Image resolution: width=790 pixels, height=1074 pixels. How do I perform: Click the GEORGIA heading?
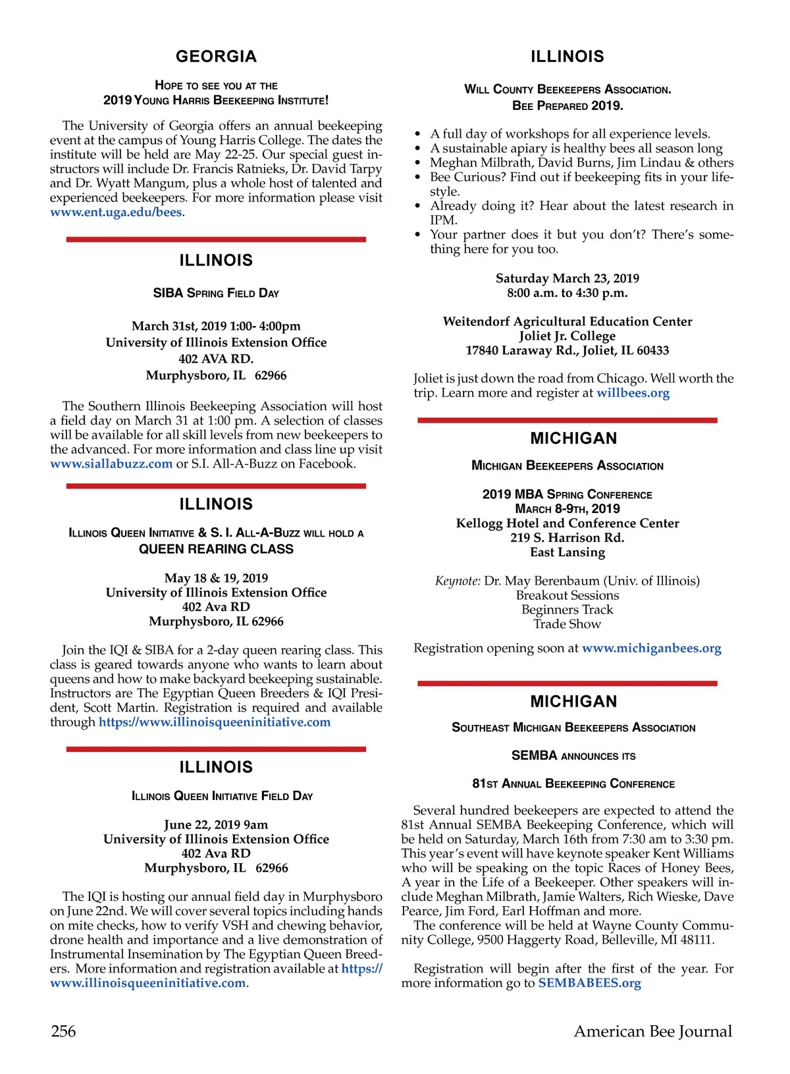point(216,57)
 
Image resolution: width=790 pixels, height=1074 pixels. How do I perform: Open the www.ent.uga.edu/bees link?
point(116,213)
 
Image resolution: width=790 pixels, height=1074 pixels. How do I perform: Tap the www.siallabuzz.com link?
point(111,464)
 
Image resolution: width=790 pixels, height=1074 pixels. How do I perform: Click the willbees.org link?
point(633,393)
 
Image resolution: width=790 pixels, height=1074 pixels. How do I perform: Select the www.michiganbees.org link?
point(651,648)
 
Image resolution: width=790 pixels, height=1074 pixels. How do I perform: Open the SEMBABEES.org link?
point(589,983)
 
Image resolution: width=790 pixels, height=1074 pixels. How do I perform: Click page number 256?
point(63,1031)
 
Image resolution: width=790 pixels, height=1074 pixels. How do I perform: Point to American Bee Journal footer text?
point(652,1031)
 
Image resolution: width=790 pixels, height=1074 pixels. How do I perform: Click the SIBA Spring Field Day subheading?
point(216,293)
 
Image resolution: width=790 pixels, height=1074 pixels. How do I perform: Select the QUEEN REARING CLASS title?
point(216,549)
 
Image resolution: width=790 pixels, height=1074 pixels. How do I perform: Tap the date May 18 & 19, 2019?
point(216,578)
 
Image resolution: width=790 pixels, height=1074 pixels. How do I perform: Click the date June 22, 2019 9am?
point(216,824)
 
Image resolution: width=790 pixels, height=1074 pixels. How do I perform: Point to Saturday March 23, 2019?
point(567,279)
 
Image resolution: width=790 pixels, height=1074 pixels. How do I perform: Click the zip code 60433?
point(652,350)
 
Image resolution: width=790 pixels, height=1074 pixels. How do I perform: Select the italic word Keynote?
point(458,581)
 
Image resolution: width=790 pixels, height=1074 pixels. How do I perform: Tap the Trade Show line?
point(567,624)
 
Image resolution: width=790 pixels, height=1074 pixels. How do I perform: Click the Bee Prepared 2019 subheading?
point(567,105)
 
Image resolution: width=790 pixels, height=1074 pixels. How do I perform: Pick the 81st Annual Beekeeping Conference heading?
point(573,784)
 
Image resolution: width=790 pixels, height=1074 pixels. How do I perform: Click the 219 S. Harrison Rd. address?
point(567,537)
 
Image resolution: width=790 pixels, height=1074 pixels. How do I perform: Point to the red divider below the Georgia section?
point(216,240)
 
